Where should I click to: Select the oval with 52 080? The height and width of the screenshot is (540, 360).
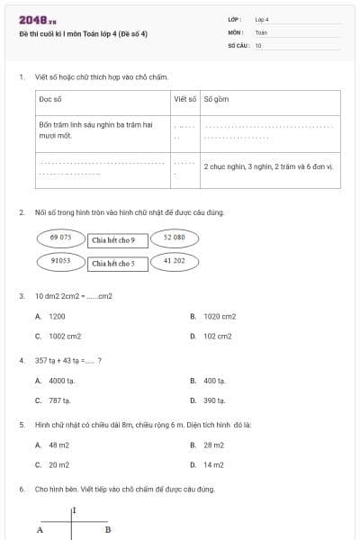[x=175, y=238]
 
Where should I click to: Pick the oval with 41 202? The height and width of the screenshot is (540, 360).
[x=175, y=261]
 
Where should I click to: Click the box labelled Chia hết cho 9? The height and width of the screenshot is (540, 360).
[x=113, y=240]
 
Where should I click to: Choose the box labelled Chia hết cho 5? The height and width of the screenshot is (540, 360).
[x=113, y=264]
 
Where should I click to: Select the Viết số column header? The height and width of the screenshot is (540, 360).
[x=184, y=99]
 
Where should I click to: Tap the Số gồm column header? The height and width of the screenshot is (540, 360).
[x=215, y=99]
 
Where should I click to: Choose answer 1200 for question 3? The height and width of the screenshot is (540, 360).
[x=57, y=317]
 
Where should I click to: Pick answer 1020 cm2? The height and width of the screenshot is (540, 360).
[x=220, y=317]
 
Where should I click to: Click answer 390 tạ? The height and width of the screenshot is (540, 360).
[x=214, y=400]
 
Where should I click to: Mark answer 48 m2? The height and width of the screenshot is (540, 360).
[x=58, y=445]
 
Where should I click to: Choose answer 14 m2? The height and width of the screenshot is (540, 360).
[x=213, y=465]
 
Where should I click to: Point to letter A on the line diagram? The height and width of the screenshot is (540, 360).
[x=40, y=530]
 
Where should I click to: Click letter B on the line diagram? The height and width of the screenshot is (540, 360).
[x=107, y=530]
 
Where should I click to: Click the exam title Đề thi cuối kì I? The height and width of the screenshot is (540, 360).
[x=83, y=33]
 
